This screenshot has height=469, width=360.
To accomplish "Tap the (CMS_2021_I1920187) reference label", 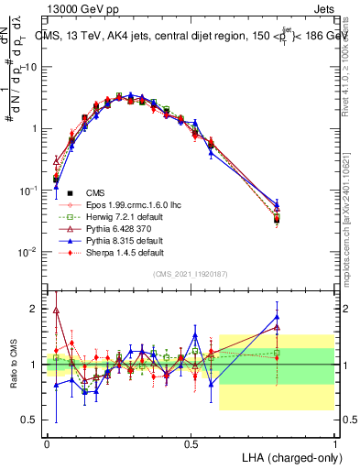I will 191,274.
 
